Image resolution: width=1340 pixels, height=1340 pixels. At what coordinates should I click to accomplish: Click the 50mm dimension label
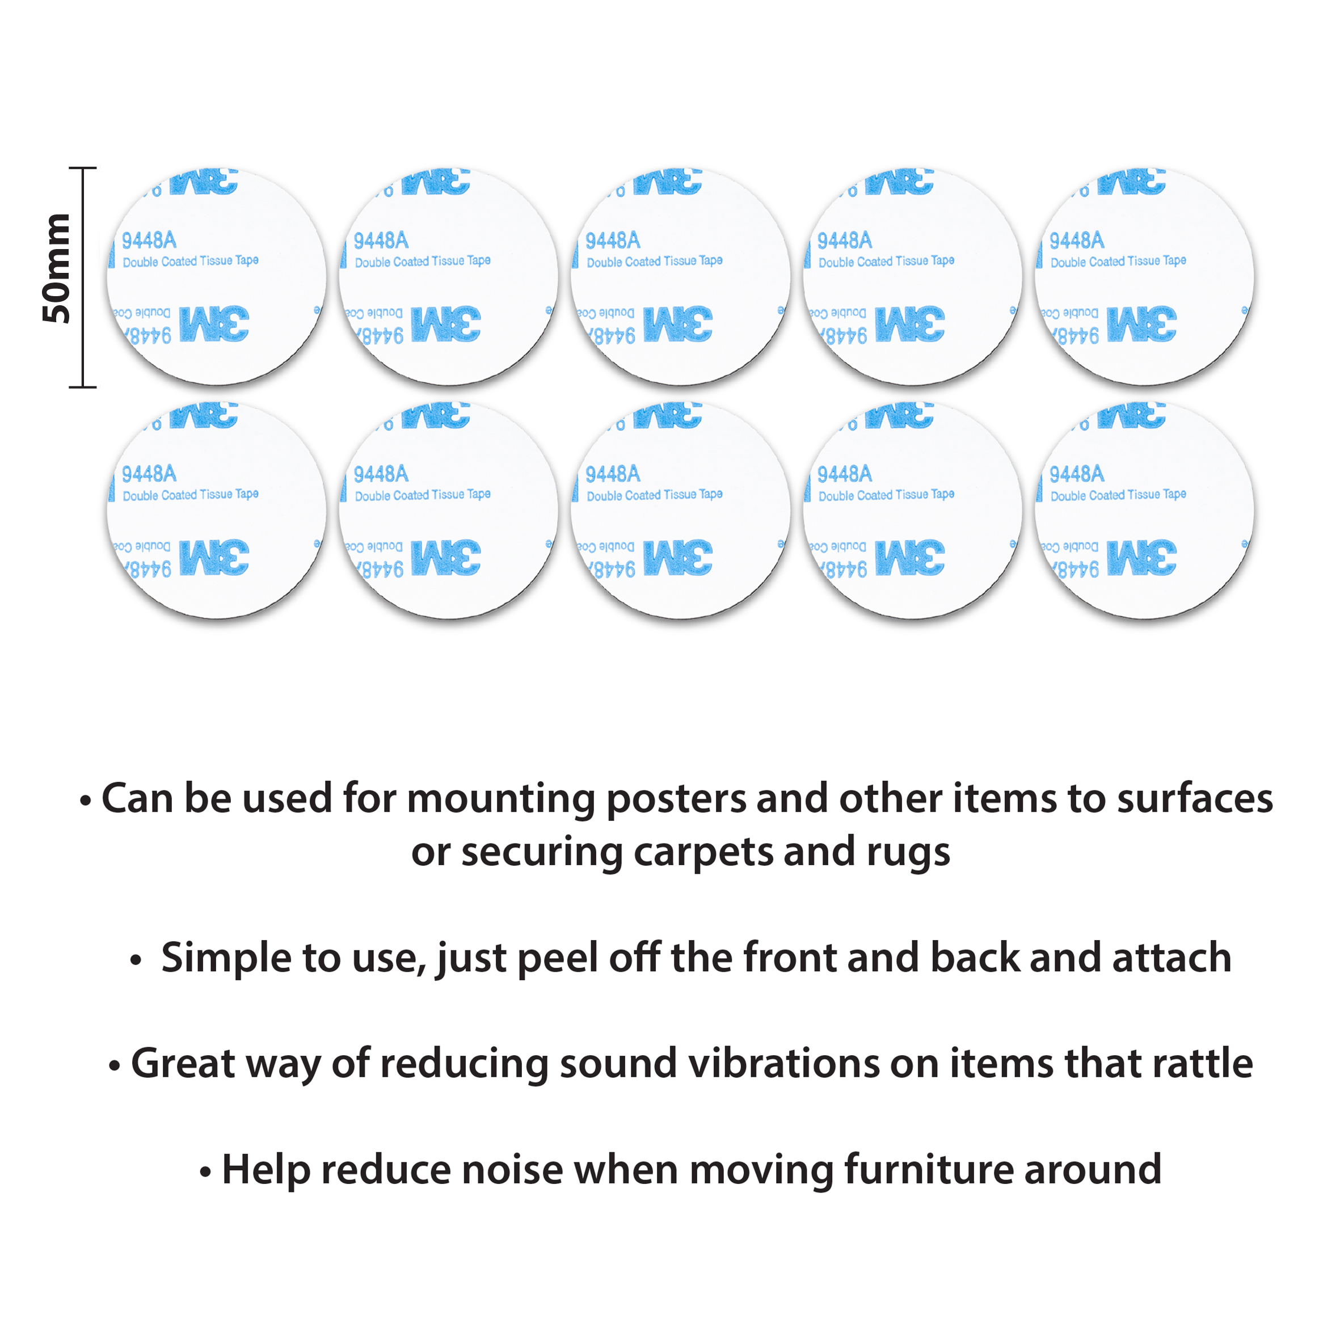57,268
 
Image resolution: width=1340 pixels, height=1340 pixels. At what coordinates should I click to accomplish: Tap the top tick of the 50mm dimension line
82,168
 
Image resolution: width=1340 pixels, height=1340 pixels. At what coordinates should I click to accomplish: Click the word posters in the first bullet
676,798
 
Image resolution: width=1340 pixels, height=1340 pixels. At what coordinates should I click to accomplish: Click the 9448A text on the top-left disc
149,241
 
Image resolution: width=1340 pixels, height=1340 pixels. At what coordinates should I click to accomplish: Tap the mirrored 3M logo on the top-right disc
1141,324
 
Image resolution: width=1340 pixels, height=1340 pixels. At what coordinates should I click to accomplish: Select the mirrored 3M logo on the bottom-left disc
214,558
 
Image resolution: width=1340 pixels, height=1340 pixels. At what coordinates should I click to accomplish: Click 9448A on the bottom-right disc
1076,474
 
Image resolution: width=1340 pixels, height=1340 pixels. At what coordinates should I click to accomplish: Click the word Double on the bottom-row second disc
373,496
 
